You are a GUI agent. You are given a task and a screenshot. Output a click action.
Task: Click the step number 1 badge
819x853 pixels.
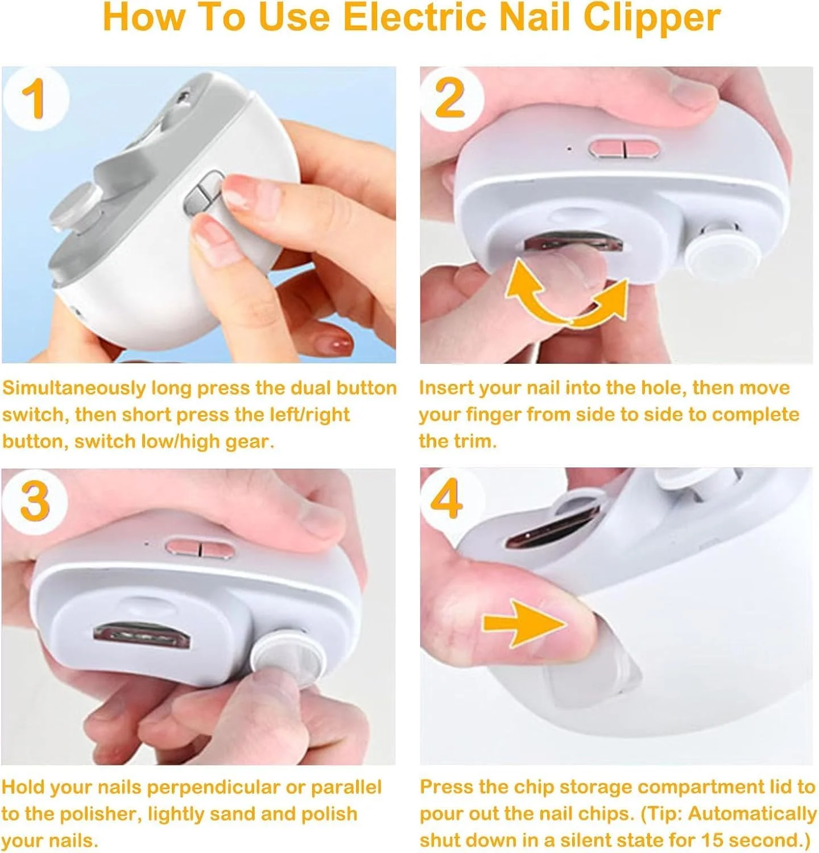(x=36, y=98)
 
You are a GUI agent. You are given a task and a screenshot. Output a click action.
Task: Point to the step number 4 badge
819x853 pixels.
(x=447, y=499)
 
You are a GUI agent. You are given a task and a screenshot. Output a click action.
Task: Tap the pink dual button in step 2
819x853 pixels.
(x=624, y=148)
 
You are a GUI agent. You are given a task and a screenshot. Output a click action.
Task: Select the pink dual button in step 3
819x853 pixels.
(x=200, y=549)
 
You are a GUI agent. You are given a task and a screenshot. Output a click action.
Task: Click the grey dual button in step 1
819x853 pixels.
(x=204, y=193)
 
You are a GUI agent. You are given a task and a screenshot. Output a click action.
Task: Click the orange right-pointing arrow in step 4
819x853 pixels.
(x=524, y=623)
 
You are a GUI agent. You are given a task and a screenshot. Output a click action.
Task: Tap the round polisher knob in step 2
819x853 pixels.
(x=722, y=253)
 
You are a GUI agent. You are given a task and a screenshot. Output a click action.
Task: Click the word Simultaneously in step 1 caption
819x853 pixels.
(x=75, y=389)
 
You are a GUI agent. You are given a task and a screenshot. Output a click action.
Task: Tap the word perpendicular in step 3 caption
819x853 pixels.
(x=213, y=788)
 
